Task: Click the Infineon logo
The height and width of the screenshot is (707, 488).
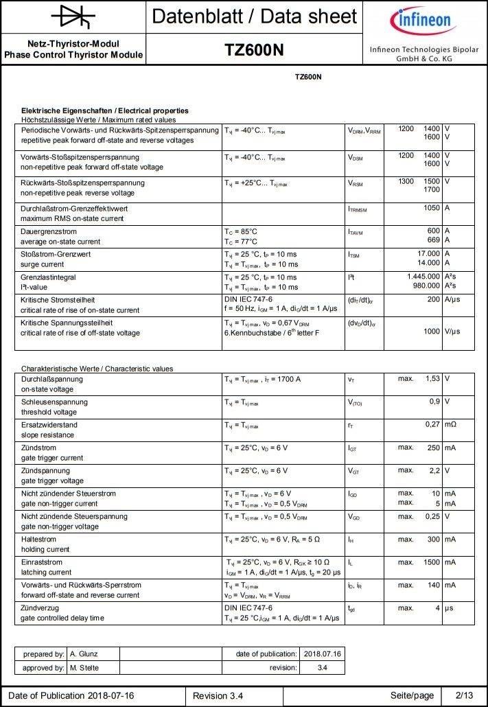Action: [421, 23]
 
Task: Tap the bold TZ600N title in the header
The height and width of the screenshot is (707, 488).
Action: [254, 50]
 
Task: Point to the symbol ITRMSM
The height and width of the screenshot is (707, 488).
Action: [358, 209]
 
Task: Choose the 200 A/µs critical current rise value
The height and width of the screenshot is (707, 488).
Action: [433, 300]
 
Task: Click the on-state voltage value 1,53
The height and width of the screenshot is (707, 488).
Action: [432, 379]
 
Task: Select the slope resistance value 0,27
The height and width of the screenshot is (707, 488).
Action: [432, 425]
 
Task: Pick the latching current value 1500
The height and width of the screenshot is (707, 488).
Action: [429, 562]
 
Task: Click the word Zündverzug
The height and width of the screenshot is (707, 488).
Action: [40, 608]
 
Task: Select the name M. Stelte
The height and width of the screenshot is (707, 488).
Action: [86, 668]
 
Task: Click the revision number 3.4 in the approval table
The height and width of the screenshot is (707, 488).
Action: [323, 668]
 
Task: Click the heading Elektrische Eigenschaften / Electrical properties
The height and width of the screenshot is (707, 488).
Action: [105, 111]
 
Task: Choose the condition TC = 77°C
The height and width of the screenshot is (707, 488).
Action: [241, 242]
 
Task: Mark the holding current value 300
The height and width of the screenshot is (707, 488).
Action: [433, 540]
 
